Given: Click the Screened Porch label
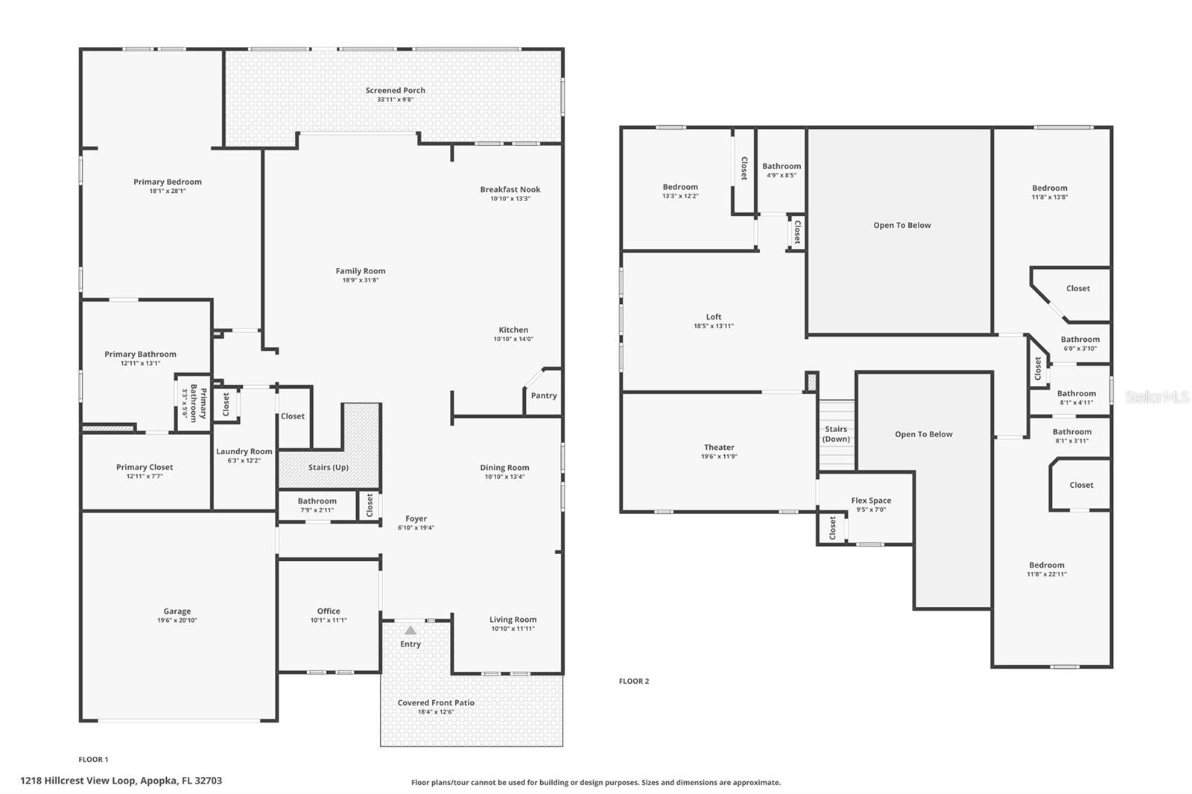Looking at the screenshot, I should click(395, 91).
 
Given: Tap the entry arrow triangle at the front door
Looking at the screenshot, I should click(410, 631).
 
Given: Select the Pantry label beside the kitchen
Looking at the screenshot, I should click(544, 396).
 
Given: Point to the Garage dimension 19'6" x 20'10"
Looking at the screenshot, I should click(177, 620).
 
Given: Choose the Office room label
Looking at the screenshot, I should click(329, 611).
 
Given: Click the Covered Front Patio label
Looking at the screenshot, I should click(436, 702).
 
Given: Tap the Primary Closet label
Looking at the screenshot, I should click(145, 467).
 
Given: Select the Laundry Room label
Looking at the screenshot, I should click(244, 451).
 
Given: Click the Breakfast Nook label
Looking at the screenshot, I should click(510, 189).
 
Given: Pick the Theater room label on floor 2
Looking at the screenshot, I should click(719, 448).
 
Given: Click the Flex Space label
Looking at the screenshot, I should click(871, 501).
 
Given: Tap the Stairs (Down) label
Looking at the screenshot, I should click(836, 433).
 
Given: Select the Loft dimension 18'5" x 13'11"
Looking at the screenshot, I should click(714, 326).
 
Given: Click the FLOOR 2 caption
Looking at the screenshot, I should click(634, 681).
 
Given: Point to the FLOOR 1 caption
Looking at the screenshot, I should click(93, 760).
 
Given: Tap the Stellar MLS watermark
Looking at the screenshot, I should click(1156, 398).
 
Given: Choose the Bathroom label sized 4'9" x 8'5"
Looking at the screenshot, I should click(782, 167).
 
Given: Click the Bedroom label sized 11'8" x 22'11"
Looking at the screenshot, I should click(1047, 565).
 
